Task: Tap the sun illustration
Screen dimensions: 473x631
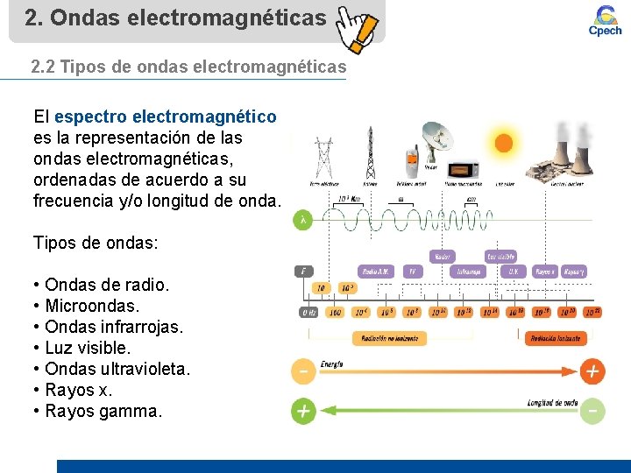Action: click(x=503, y=143)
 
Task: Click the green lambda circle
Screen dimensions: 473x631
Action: click(x=303, y=222)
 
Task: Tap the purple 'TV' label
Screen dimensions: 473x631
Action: click(x=412, y=272)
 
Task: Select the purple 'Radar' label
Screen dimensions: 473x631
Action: click(x=443, y=257)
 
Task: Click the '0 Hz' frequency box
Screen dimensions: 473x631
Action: click(x=308, y=312)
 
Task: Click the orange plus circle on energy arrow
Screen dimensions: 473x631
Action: click(x=592, y=371)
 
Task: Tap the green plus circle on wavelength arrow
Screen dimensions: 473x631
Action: click(x=303, y=411)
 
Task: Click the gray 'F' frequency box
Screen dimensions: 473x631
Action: click(x=303, y=272)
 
